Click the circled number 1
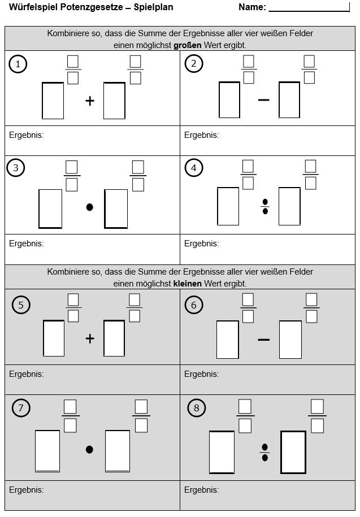point(18,64)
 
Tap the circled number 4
point(193,168)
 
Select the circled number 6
point(193,305)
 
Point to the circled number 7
point(21,408)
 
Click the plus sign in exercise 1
point(90,101)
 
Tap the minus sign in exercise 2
point(264,99)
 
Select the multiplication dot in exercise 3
point(89,207)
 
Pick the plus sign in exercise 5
point(90,338)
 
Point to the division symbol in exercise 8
point(264,453)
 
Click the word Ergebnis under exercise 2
point(201,135)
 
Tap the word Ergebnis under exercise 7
point(27,490)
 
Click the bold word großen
point(187,45)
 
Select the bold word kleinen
point(187,284)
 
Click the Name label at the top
point(252,7)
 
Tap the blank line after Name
point(309,11)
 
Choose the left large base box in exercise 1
point(53,101)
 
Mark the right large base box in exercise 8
point(293,452)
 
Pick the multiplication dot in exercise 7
point(89,449)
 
